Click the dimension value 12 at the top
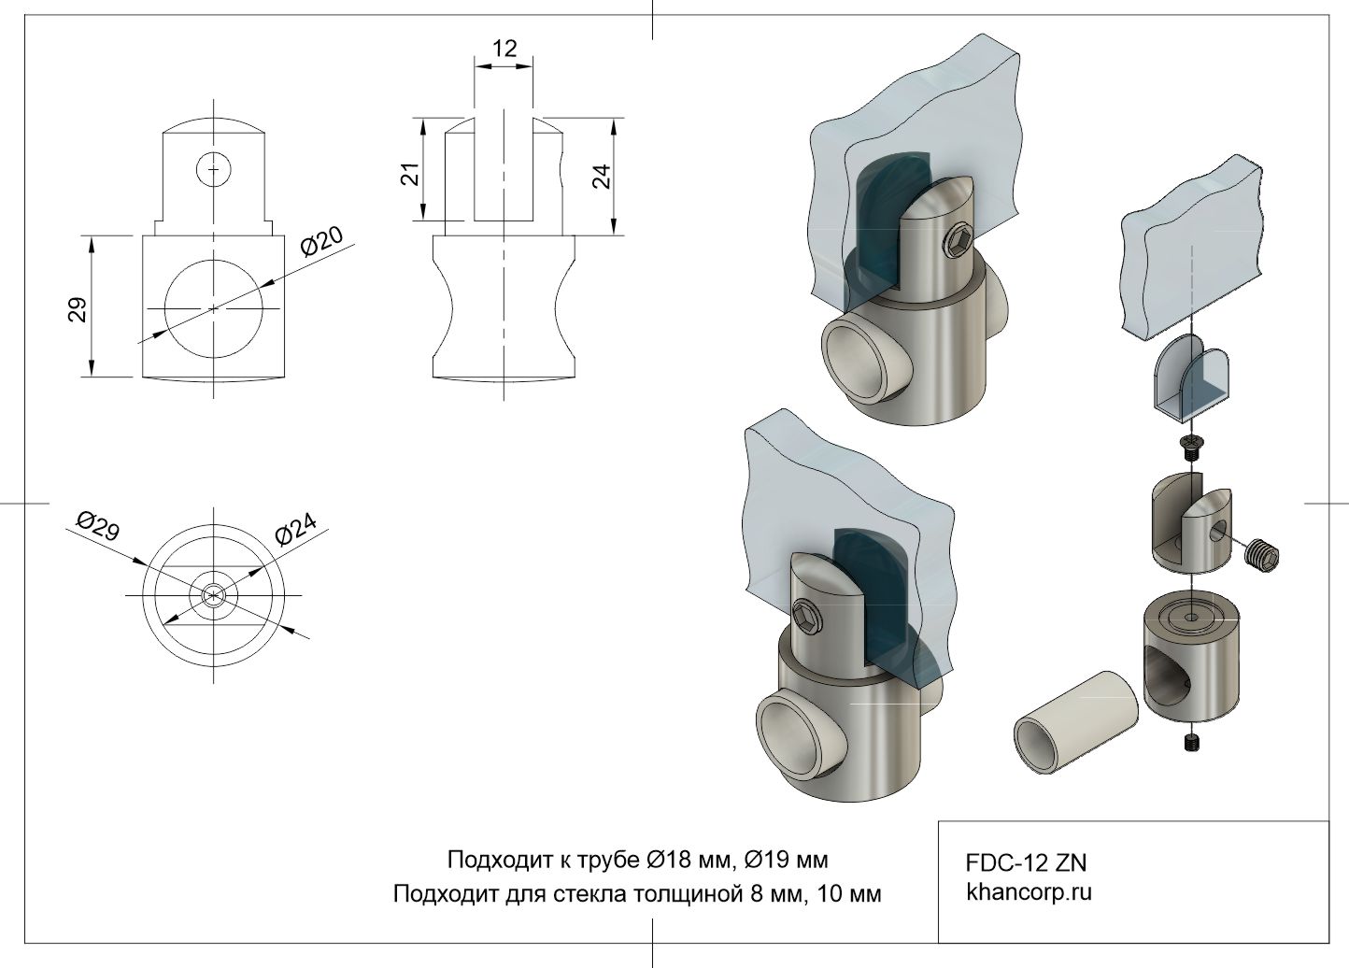(504, 48)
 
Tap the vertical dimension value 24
(603, 176)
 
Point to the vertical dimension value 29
(78, 309)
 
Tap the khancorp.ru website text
(1029, 891)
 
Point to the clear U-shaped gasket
(1191, 379)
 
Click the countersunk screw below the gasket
(1191, 446)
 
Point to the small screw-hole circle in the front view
(214, 168)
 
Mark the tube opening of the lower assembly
(791, 740)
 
